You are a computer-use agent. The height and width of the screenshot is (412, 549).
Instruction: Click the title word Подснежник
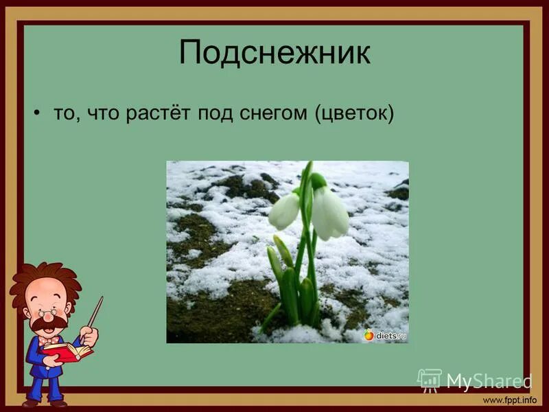click(274, 54)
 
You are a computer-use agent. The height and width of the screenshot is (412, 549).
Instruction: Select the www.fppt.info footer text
click(509, 400)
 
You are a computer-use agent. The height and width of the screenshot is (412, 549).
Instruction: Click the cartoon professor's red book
click(67, 352)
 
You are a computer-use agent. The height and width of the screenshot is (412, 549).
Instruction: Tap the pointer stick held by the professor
click(94, 312)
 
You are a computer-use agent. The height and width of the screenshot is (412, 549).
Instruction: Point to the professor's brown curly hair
click(41, 278)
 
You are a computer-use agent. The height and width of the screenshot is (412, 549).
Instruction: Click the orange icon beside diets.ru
click(369, 334)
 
